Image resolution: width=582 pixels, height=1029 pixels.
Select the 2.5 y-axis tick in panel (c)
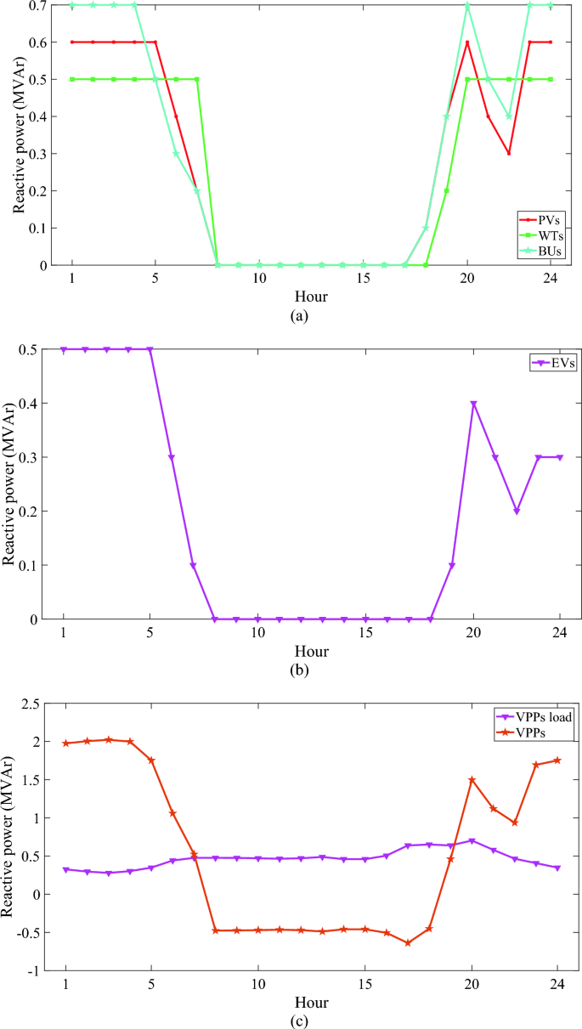tap(31, 704)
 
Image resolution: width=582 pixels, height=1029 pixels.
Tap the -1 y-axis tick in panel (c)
tap(34, 970)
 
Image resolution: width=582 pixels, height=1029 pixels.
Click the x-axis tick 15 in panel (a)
tap(364, 280)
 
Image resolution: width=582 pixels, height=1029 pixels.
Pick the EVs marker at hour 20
tap(473, 404)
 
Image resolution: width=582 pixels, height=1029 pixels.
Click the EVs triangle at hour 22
tap(517, 512)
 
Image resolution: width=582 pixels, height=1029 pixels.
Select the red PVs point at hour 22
tap(508, 154)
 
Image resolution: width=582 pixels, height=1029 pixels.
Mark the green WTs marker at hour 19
tap(446, 191)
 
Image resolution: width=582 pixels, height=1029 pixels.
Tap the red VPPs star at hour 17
tap(408, 943)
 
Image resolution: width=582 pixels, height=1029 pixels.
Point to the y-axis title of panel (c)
tap(10, 837)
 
